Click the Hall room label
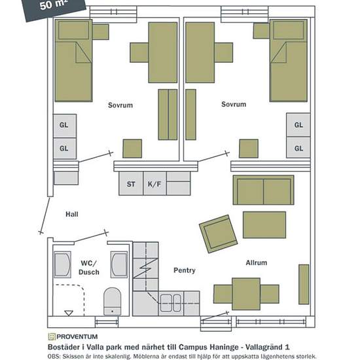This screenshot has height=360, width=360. tap(72, 214)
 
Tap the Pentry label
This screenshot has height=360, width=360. tap(185, 270)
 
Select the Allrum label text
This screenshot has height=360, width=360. tap(257, 262)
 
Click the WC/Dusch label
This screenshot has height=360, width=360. tap(89, 268)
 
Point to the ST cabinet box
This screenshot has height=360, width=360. tap(131, 184)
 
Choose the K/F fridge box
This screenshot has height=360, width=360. tap(154, 184)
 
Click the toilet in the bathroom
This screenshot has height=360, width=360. tap(113, 302)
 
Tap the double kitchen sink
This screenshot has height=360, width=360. tap(171, 303)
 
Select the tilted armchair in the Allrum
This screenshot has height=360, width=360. tap(219, 234)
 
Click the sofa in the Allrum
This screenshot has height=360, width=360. tap(263, 190)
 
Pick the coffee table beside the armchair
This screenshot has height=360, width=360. tap(264, 225)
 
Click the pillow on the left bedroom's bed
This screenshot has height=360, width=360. tap(74, 30)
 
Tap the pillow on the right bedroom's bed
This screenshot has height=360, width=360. tap(289, 30)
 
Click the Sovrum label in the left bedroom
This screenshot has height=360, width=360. tap(120, 105)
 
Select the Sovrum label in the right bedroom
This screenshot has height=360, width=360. tap(234, 104)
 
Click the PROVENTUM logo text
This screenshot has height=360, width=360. tap(77, 337)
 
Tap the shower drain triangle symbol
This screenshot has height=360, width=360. tap(69, 313)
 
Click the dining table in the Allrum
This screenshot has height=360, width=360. tap(246, 294)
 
